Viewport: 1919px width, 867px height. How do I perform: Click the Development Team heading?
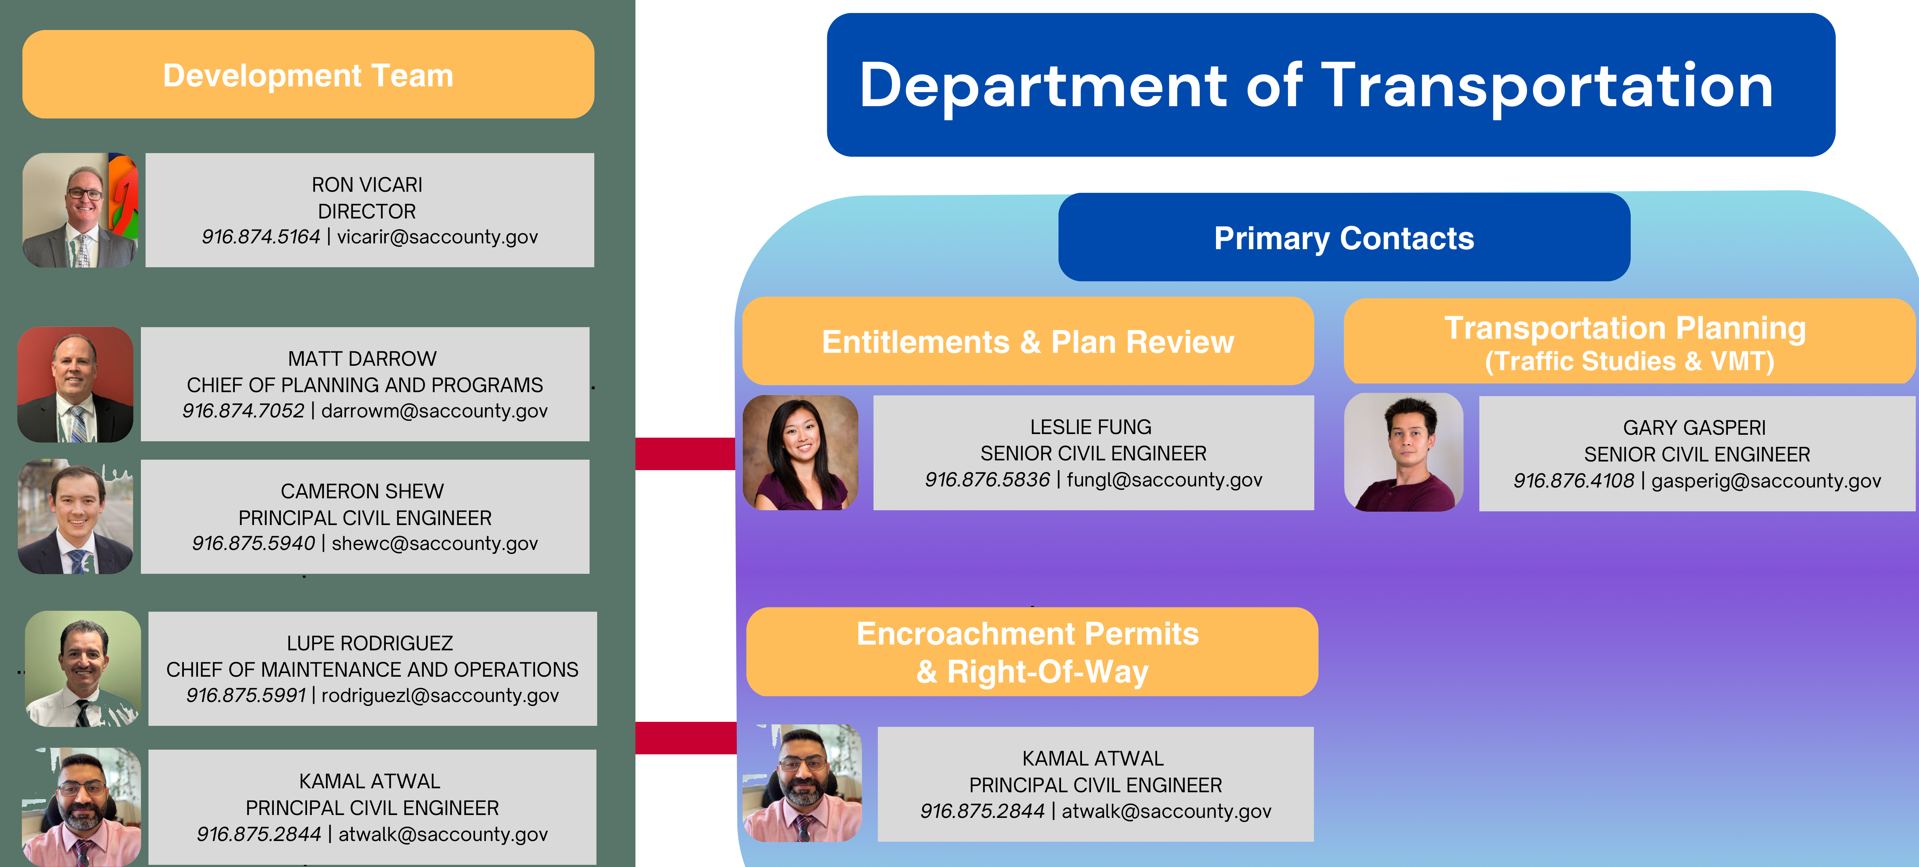click(308, 75)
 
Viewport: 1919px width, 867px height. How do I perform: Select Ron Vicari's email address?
click(437, 237)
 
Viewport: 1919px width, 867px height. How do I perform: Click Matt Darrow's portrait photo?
click(75, 384)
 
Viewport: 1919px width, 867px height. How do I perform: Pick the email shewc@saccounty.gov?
click(434, 544)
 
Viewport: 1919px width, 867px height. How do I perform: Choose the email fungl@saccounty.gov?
click(1164, 480)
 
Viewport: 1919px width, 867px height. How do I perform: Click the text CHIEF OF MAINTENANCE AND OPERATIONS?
click(372, 669)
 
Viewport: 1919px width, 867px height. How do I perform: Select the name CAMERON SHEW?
click(362, 491)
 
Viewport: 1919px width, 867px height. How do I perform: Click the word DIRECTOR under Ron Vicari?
click(367, 212)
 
